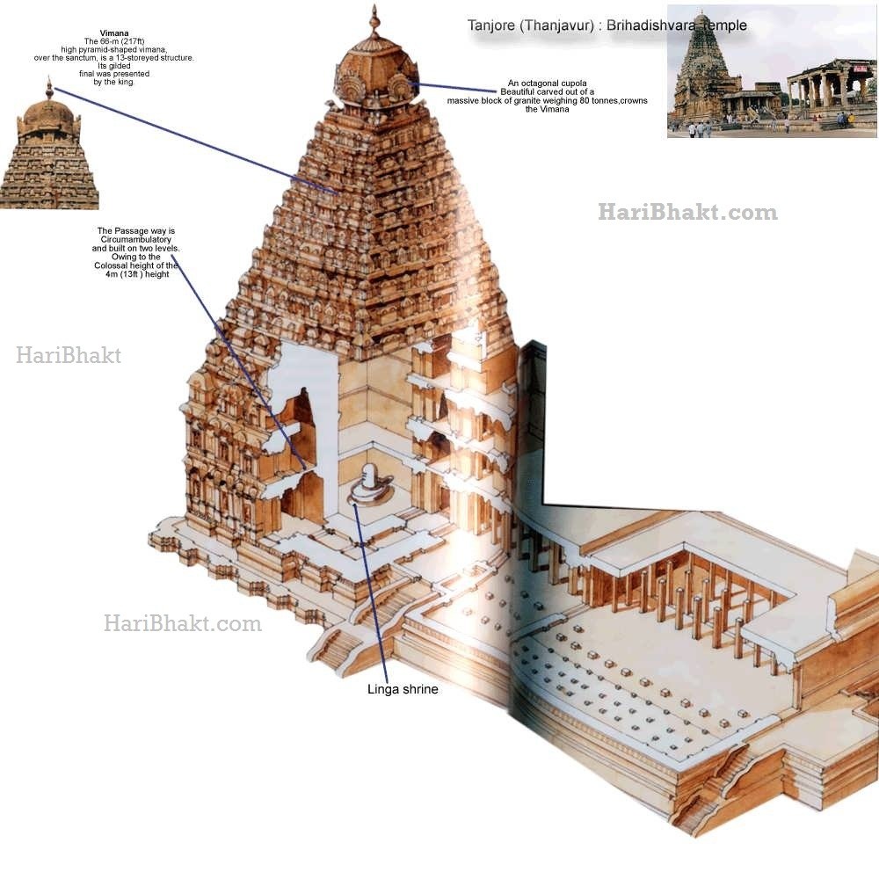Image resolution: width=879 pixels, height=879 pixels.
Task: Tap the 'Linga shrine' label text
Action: point(403,690)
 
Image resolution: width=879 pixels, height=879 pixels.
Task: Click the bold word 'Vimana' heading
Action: point(114,33)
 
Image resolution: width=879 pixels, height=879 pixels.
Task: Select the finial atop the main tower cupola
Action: point(375,20)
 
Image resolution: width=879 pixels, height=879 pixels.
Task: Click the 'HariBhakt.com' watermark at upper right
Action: point(687,212)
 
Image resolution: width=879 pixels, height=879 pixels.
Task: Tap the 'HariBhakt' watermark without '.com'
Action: point(69,356)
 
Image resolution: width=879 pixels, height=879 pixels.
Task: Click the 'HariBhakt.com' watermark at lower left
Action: point(182,624)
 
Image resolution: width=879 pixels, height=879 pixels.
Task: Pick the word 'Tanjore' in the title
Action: point(490,25)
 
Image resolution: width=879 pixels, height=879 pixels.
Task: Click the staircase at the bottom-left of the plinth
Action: point(334,649)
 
